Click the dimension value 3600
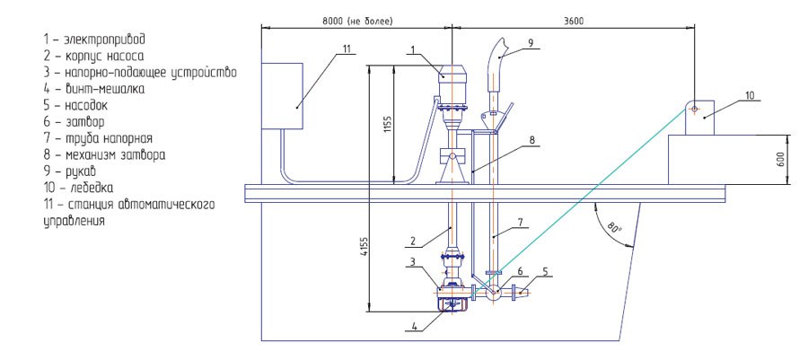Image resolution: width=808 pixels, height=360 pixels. click(x=573, y=21)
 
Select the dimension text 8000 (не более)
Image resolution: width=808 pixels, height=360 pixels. click(x=357, y=21)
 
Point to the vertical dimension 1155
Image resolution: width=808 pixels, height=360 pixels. click(x=388, y=125)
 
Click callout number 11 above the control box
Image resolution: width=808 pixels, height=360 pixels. click(x=347, y=48)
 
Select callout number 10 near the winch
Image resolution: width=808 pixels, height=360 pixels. click(x=750, y=95)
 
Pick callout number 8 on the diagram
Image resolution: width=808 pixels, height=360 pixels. click(x=531, y=139)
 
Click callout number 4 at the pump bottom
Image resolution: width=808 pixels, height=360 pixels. click(x=414, y=326)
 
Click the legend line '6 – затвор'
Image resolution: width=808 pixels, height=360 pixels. click(x=75, y=122)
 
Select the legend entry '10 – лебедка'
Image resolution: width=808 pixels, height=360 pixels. click(x=79, y=187)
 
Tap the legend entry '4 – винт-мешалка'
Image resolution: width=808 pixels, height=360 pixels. click(x=94, y=89)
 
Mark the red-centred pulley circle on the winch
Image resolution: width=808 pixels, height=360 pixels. click(x=694, y=109)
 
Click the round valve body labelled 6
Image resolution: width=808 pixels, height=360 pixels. click(x=493, y=293)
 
